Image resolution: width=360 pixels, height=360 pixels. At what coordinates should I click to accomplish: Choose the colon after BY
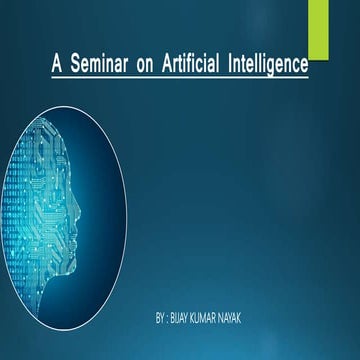click(x=171, y=317)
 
